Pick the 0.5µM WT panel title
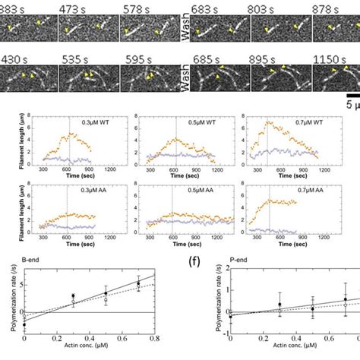pos(206,119)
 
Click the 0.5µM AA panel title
pos(207,190)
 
